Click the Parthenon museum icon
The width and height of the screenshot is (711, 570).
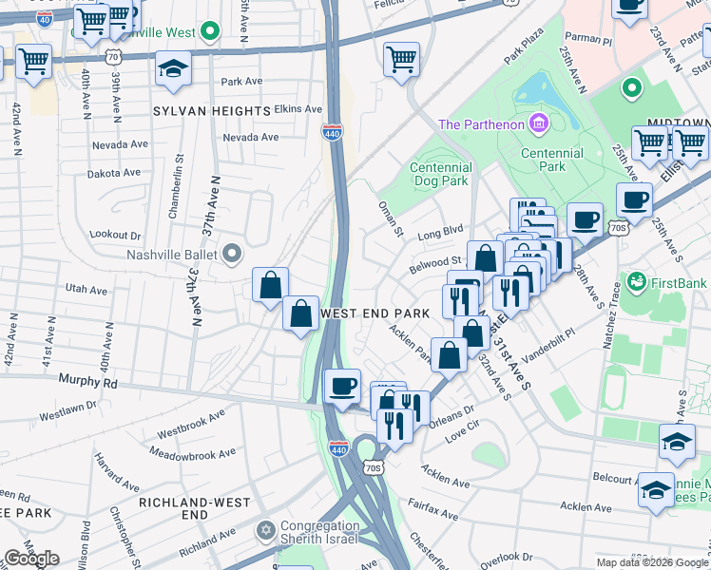pyautogui.click(x=539, y=123)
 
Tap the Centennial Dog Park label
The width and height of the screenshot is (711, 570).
pyautogui.click(x=440, y=174)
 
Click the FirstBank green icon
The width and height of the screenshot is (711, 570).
pyautogui.click(x=636, y=282)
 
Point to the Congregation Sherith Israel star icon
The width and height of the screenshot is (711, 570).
pyautogui.click(x=266, y=528)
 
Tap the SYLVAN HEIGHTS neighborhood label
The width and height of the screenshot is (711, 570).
pyautogui.click(x=212, y=111)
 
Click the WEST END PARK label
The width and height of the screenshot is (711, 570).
pyautogui.click(x=376, y=313)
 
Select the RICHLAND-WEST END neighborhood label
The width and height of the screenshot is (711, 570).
pyautogui.click(x=194, y=507)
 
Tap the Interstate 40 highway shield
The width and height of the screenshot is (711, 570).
pyautogui.click(x=43, y=17)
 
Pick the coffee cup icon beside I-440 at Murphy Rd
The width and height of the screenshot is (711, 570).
pyautogui.click(x=342, y=385)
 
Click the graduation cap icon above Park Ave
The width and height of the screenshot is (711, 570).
pyautogui.click(x=173, y=68)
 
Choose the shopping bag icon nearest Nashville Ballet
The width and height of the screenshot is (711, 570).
pyautogui.click(x=271, y=283)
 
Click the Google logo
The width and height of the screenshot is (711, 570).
pyautogui.click(x=32, y=559)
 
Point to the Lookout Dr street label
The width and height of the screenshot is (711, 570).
pyautogui.click(x=115, y=235)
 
